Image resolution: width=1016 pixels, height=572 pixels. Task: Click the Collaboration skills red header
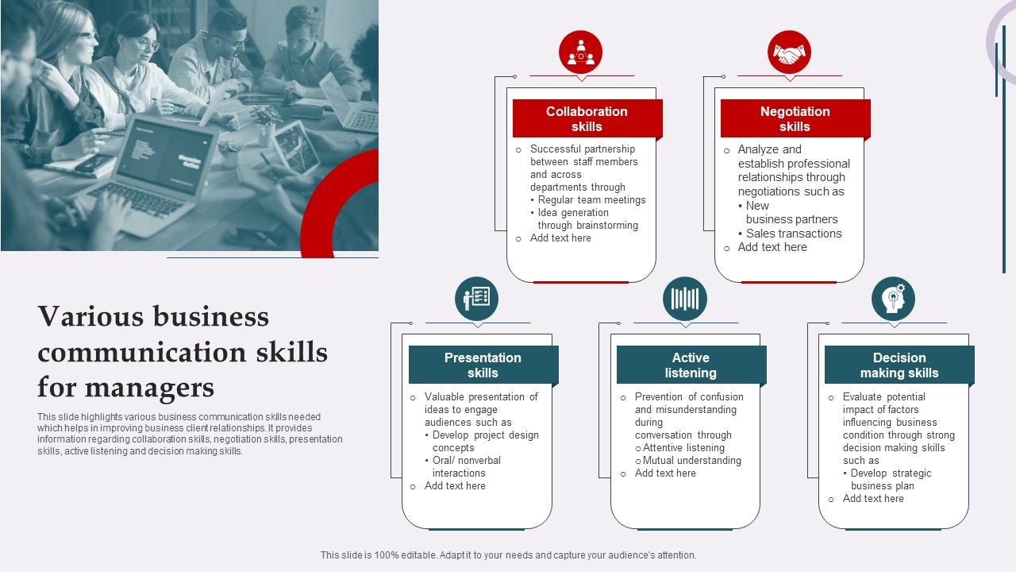(587, 119)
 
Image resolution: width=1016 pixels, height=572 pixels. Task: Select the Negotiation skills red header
(795, 119)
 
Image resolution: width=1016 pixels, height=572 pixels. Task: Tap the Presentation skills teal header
(483, 365)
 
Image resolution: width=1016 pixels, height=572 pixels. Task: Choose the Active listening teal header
(691, 365)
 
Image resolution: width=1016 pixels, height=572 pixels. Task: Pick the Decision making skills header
(899, 365)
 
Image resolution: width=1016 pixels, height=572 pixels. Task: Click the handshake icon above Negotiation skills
(789, 53)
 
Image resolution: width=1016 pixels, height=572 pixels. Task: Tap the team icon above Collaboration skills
(580, 53)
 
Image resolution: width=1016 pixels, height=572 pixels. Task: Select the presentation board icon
(477, 300)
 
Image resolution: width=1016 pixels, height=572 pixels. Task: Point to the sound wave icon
(685, 300)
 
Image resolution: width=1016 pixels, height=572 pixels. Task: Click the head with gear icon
(893, 300)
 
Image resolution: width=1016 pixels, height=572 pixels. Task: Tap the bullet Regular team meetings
(591, 200)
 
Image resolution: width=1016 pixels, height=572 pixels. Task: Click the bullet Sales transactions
(793, 234)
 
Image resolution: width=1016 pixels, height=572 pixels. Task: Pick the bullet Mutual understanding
(691, 461)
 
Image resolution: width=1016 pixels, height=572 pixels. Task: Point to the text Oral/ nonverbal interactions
(466, 467)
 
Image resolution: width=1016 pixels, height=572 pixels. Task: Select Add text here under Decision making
(873, 499)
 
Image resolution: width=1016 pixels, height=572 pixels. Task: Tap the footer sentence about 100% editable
(508, 555)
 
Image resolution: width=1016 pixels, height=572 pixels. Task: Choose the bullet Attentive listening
(683, 448)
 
